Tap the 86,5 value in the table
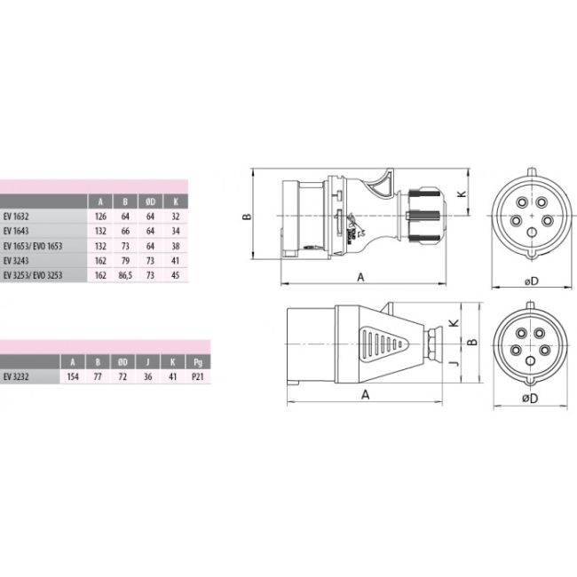[x=129, y=275]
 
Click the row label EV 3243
[x=17, y=260]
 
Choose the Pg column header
[x=198, y=361]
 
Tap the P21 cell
[x=198, y=376]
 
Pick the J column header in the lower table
[x=148, y=361]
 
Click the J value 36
[x=148, y=376]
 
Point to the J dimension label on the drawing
[x=453, y=363]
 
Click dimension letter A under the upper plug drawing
[x=361, y=277]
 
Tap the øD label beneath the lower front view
[x=530, y=399]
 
